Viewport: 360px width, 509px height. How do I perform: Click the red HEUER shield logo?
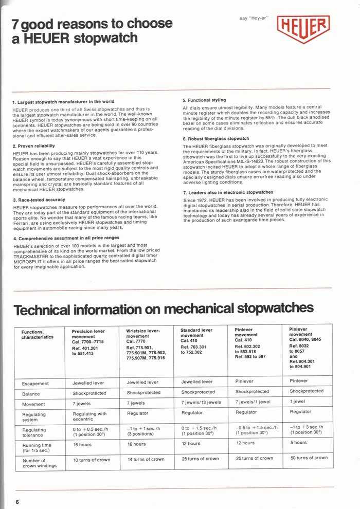(x=303, y=29)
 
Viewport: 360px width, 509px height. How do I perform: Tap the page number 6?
(x=17, y=501)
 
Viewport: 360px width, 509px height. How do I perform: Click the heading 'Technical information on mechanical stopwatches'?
(x=163, y=309)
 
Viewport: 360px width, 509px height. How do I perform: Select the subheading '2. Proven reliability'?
(x=38, y=146)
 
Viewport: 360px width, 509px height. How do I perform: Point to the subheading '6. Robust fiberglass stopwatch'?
(x=216, y=139)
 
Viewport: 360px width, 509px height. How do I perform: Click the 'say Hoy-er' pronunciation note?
(x=255, y=19)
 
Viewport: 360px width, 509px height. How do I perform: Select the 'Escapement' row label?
(x=35, y=383)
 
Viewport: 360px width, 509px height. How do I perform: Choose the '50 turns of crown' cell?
(x=309, y=458)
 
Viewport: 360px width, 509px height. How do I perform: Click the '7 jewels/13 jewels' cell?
(x=201, y=402)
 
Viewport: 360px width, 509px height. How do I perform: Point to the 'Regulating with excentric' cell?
(x=91, y=416)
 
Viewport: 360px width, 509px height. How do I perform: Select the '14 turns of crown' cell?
(x=146, y=459)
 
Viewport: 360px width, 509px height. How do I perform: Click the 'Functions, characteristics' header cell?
(x=37, y=335)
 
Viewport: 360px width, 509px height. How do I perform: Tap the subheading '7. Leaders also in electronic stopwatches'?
(x=228, y=192)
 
